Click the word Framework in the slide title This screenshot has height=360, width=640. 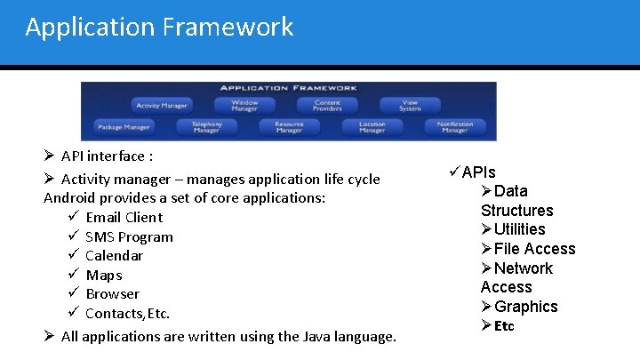pyautogui.click(x=228, y=28)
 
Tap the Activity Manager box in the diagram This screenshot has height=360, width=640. pyautogui.click(x=162, y=106)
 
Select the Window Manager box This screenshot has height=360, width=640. pyautogui.click(x=244, y=106)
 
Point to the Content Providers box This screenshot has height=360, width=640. pyautogui.click(x=327, y=106)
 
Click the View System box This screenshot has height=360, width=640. pyautogui.click(x=409, y=106)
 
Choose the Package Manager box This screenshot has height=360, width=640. pyautogui.click(x=124, y=128)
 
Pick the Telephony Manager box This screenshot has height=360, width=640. pyautogui.click(x=206, y=128)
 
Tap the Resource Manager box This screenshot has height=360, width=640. pyautogui.click(x=289, y=128)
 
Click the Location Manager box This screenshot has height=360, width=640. pyautogui.click(x=372, y=128)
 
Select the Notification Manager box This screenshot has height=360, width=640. pyautogui.click(x=454, y=128)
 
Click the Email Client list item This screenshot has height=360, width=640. pyautogui.click(x=124, y=217)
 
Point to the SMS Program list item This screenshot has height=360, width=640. pyautogui.click(x=129, y=236)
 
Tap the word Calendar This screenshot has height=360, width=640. pyautogui.click(x=114, y=255)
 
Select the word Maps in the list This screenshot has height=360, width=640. pyautogui.click(x=104, y=275)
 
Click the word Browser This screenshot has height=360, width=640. pyautogui.click(x=112, y=293)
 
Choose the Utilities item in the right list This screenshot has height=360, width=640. pyautogui.click(x=520, y=229)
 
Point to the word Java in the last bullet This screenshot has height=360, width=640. pyautogui.click(x=318, y=336)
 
